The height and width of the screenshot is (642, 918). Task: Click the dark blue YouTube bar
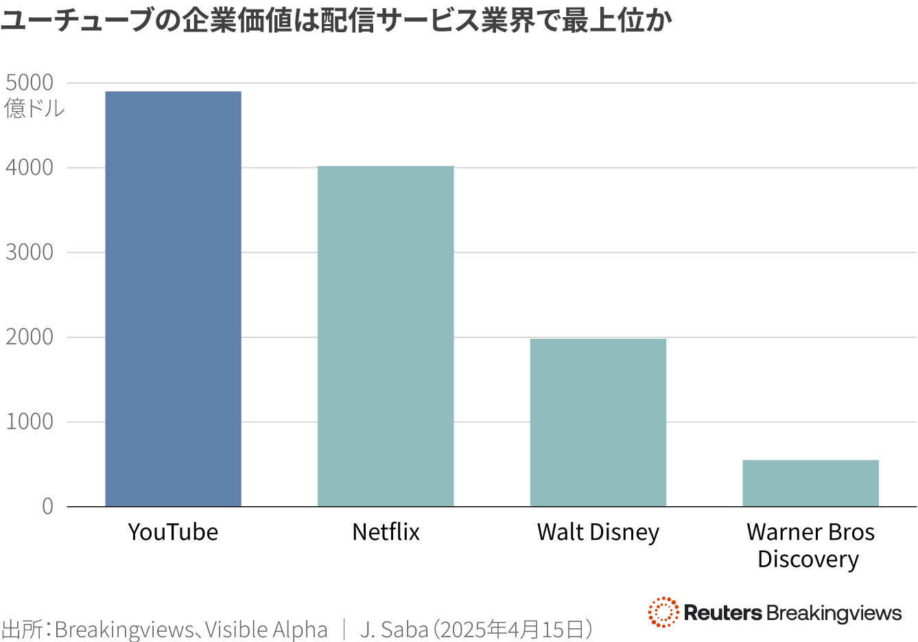[x=173, y=299]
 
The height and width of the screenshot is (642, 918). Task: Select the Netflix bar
[x=386, y=336]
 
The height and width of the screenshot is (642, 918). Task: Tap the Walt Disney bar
[x=598, y=423]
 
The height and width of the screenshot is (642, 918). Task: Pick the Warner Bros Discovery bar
[x=810, y=483]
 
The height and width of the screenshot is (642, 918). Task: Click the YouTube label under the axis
[x=173, y=532]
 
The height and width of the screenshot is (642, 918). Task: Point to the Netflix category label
[x=386, y=532]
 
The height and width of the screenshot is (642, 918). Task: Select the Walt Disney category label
[x=598, y=532]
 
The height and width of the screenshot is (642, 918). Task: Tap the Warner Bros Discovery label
[x=810, y=545]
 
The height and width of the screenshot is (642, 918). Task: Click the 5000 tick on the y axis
[x=30, y=83]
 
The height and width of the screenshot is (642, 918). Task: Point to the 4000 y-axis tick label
[x=30, y=168]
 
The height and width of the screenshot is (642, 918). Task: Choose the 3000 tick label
[x=30, y=252]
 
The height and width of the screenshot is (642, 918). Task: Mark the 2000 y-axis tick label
[x=30, y=337]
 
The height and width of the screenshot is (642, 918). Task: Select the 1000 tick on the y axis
[x=30, y=422]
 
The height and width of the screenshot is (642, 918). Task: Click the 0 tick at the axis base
[x=47, y=507]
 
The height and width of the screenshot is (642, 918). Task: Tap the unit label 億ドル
[x=34, y=108]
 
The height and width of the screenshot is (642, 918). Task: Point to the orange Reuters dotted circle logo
[x=663, y=612]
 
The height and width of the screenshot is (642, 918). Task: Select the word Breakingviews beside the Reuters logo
[x=834, y=613]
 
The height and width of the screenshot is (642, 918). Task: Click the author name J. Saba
[x=394, y=629]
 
